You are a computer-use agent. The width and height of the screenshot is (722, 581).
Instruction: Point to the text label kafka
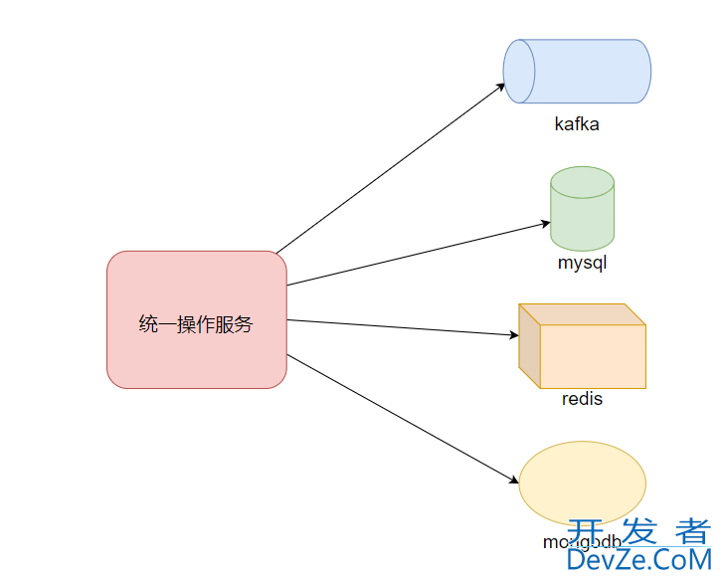tap(577, 125)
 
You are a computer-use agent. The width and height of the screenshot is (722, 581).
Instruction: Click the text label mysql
tap(582, 264)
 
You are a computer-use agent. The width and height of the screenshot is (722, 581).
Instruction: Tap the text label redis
tap(582, 399)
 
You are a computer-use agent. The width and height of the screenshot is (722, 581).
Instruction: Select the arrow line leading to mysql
tap(418, 254)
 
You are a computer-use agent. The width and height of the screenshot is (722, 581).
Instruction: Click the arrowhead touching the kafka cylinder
tap(501, 87)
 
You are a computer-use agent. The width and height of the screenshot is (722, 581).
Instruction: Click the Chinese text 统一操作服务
tap(196, 324)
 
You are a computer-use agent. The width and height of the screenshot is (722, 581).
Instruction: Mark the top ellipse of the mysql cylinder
tap(582, 182)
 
